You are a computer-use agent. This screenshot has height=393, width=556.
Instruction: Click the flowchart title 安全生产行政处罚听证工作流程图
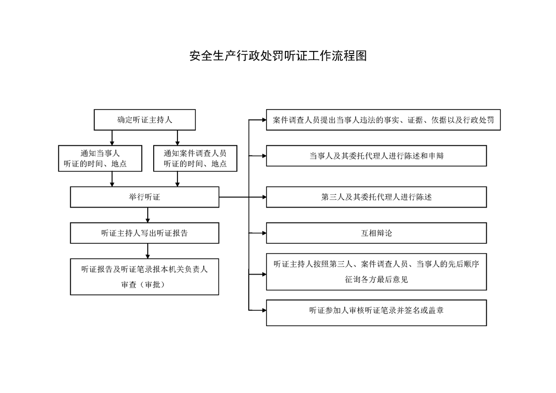pos(278,56)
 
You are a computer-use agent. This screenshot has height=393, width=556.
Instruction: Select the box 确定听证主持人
pos(145,120)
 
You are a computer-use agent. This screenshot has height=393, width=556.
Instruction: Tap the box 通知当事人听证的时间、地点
pos(100,158)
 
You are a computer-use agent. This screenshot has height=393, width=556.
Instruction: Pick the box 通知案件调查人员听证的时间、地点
pos(195,158)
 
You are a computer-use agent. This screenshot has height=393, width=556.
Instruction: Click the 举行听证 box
pos(145,197)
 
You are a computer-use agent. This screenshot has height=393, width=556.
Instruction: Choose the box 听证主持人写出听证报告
pos(145,233)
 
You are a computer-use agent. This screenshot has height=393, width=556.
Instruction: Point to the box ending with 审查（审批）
pos(145,277)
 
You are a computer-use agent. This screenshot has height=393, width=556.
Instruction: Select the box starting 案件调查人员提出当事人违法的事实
pos(384,120)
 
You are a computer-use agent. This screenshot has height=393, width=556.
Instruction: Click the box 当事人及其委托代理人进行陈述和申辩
pos(377,156)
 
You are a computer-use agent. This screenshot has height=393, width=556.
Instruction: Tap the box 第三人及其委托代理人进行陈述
pos(377,197)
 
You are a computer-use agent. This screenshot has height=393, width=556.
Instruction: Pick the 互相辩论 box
pos(377,233)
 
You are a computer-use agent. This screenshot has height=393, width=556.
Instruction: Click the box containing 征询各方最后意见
pos(377,272)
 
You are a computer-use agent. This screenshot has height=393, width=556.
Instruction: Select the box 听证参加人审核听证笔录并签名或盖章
pos(377,313)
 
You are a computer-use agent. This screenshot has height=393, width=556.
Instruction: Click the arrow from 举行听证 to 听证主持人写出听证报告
pos(148,215)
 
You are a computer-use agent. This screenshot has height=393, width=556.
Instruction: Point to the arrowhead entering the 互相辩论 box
pos(264,233)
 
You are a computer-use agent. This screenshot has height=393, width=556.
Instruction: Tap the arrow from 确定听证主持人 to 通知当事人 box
pos(112,138)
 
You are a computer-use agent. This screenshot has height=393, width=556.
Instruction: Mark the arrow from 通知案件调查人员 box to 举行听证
pos(177,179)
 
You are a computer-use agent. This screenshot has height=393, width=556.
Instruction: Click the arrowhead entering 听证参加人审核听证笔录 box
pos(264,310)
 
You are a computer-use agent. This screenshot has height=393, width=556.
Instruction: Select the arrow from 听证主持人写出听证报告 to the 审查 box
pos(148,251)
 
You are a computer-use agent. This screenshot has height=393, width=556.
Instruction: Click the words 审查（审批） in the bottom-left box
pos(143,284)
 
